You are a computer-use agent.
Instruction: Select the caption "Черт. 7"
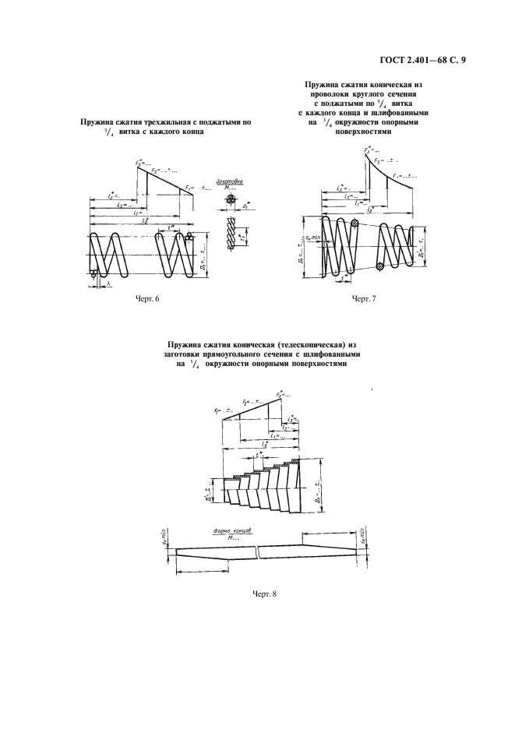[x=364, y=299]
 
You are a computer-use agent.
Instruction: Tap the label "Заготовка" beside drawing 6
[x=231, y=181]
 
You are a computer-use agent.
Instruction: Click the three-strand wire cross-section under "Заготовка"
[x=230, y=200]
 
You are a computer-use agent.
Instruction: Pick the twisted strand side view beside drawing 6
[x=231, y=233]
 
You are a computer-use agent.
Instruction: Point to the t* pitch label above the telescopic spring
[x=258, y=453]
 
